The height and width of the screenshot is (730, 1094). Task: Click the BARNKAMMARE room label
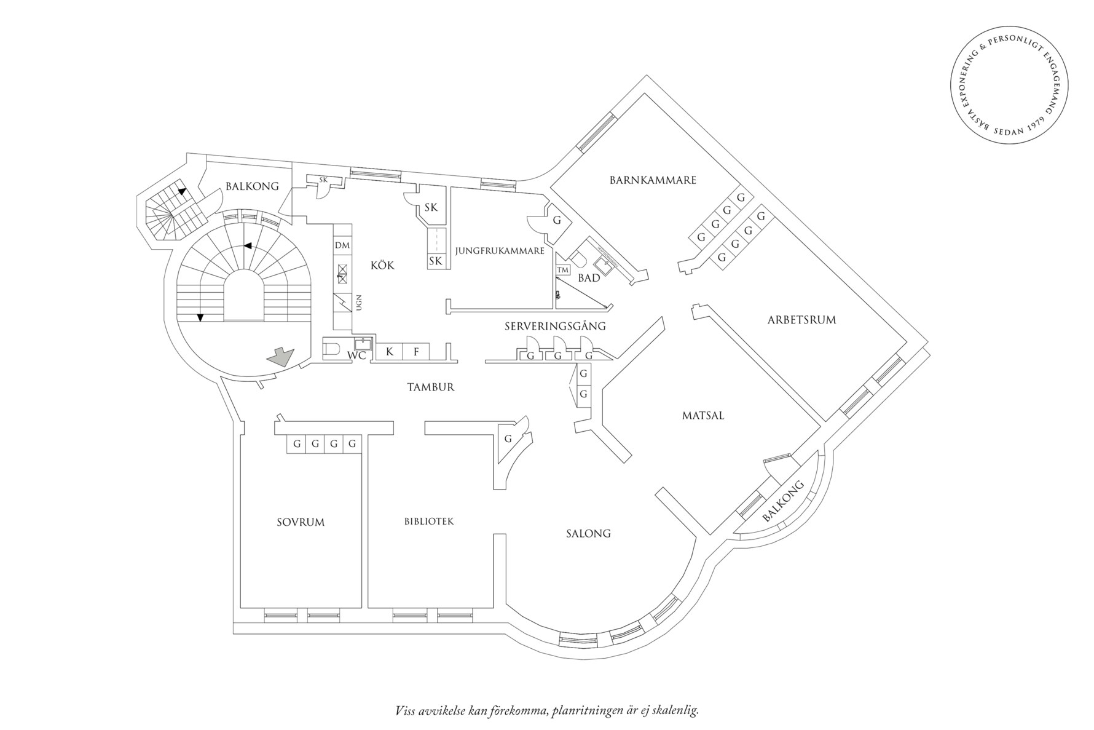[653, 180]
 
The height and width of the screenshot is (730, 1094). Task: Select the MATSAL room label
[703, 415]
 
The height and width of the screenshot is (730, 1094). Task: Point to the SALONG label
[588, 533]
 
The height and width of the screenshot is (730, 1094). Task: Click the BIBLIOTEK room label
[429, 522]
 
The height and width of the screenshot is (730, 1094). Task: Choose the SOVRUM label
[301, 522]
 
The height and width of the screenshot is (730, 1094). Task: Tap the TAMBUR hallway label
[431, 387]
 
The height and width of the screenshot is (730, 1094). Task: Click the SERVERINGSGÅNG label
[555, 326]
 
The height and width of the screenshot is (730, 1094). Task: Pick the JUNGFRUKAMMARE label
[500, 251]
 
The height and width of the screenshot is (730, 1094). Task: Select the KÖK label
[382, 266]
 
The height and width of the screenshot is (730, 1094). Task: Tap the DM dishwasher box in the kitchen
[342, 245]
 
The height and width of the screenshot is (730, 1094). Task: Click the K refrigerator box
[389, 352]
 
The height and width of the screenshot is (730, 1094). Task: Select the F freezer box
[416, 352]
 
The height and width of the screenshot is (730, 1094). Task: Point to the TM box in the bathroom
[562, 270]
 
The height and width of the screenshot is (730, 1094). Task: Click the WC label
[356, 355]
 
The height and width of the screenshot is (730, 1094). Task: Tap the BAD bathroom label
[589, 278]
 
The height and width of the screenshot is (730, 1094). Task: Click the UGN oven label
[358, 302]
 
